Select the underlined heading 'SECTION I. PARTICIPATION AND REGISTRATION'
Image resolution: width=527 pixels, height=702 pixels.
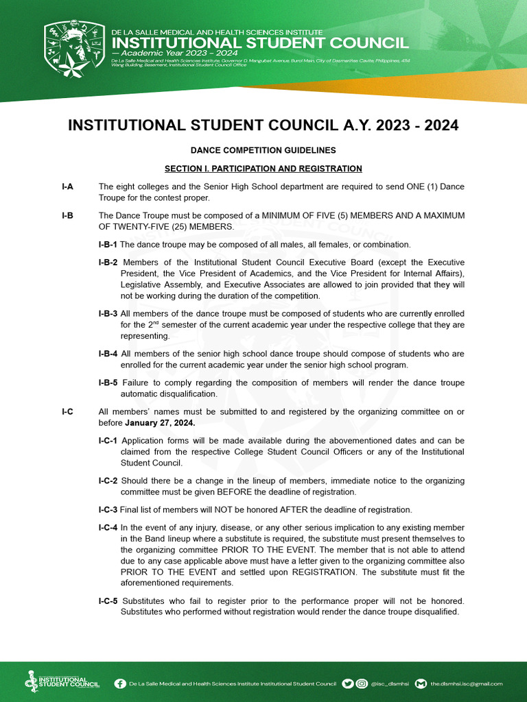click(x=263, y=169)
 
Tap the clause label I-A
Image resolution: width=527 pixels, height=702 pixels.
click(x=67, y=186)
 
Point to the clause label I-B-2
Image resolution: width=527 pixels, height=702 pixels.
click(x=108, y=263)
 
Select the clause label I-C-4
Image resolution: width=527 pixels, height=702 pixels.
click(x=108, y=527)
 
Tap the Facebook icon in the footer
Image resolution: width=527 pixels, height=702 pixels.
click(x=120, y=683)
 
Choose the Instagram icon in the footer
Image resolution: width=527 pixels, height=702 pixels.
click(x=362, y=683)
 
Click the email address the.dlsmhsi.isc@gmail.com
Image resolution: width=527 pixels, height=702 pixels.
click(x=467, y=683)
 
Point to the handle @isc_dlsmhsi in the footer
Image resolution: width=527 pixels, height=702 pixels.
click(x=390, y=683)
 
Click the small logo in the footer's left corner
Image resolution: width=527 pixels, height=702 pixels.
click(x=62, y=681)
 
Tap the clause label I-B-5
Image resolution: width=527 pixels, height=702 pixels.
click(x=108, y=383)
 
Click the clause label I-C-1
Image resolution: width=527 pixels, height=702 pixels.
click(x=108, y=440)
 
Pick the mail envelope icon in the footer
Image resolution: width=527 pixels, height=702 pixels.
click(x=421, y=683)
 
